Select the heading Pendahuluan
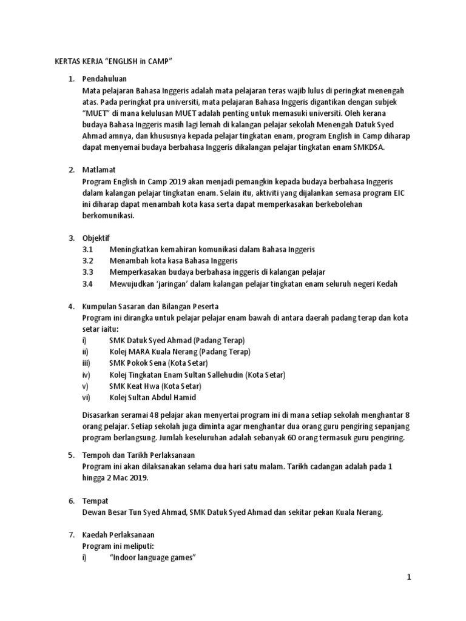(106, 79)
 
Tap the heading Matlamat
(100, 170)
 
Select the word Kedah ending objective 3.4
(387, 283)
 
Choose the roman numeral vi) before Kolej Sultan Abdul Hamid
(86, 397)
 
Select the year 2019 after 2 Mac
(136, 478)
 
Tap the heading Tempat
(95, 501)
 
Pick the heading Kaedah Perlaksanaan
(118, 535)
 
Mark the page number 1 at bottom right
(408, 578)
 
